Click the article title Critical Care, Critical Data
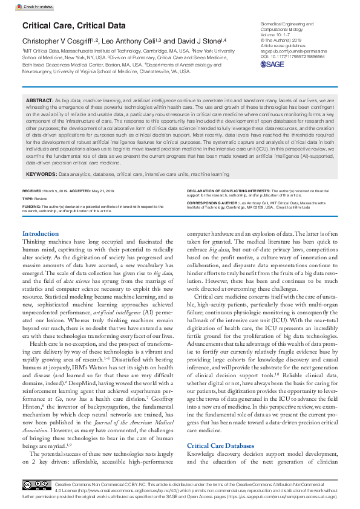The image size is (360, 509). pos(74,25)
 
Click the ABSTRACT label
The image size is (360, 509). pos(40,99)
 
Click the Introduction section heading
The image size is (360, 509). pos(41,233)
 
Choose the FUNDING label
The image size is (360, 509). pos(31,206)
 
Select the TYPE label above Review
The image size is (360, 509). pos(28,198)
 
